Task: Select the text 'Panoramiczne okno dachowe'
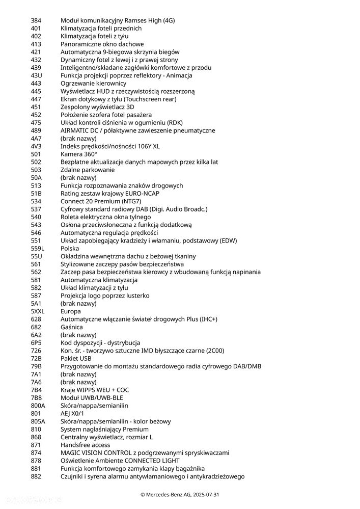[x=102, y=44]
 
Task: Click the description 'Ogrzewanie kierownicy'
[x=93, y=84]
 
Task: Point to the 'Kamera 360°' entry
[x=78, y=154]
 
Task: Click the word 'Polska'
[x=70, y=248]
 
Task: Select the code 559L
[x=38, y=248]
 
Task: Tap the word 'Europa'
[x=71, y=311]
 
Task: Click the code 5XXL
[x=38, y=311]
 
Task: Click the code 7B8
[x=36, y=397]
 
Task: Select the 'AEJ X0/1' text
[x=73, y=413]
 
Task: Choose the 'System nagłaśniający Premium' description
[x=104, y=429]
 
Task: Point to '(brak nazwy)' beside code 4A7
[x=78, y=139]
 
